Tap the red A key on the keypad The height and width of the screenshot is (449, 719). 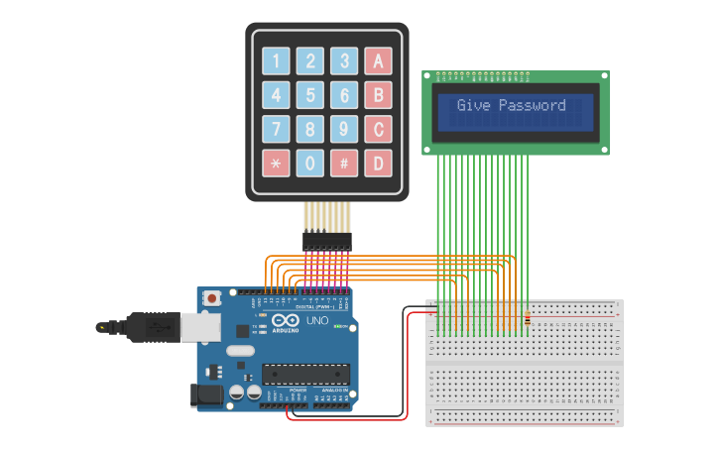click(377, 61)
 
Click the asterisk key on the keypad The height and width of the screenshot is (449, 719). click(276, 163)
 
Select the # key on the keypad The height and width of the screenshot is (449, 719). click(343, 163)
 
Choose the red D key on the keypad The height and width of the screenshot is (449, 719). click(377, 163)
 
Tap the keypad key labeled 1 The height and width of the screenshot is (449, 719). click(276, 61)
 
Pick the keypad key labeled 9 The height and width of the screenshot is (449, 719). click(343, 129)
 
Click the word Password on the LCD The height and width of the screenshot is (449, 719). click(532, 106)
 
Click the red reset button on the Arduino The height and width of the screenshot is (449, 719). click(211, 297)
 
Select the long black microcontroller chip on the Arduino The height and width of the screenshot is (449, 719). click(305, 374)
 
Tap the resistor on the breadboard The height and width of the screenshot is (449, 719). click(527, 319)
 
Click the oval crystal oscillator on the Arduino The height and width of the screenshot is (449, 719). click(241, 351)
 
